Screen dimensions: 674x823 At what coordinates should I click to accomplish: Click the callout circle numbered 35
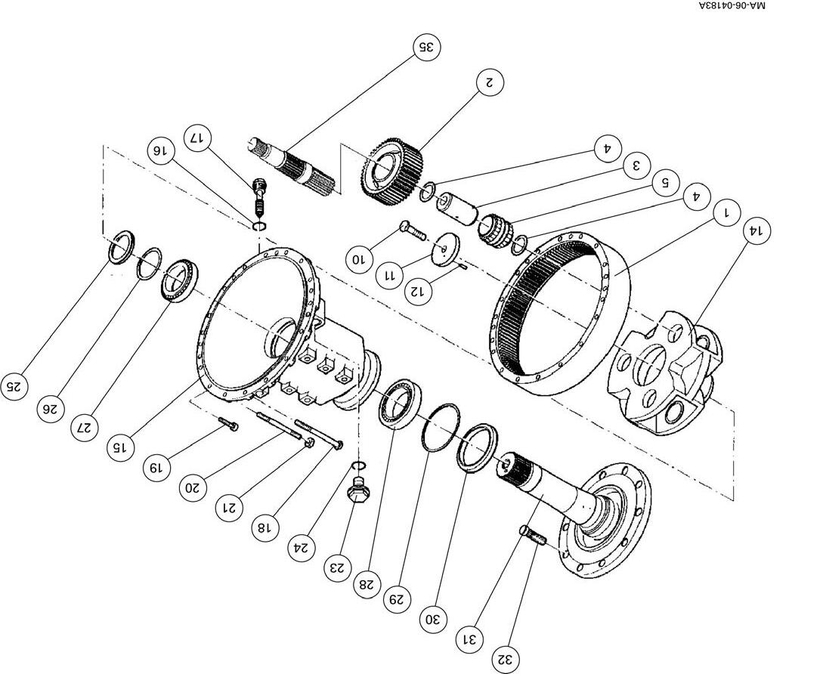coord(426,47)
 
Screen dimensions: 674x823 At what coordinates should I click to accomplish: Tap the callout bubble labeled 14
coord(756,231)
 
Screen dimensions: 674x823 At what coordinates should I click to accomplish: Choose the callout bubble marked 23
coord(338,567)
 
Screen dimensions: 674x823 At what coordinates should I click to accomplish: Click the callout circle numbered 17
coord(197,138)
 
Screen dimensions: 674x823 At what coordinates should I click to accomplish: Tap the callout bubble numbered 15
coord(119,447)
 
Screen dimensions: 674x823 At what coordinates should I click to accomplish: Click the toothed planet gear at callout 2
coord(390,168)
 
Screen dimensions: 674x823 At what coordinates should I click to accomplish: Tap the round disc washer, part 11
coord(448,249)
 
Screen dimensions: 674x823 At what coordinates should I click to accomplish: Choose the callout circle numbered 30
coord(432,620)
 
